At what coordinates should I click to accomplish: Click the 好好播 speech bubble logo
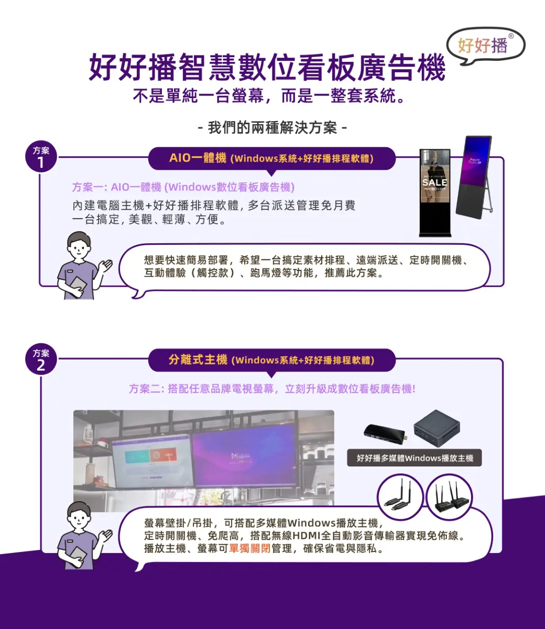(484, 46)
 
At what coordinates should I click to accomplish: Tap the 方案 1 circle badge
(41, 158)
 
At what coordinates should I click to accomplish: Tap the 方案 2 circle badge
(41, 360)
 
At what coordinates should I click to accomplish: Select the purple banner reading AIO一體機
(271, 158)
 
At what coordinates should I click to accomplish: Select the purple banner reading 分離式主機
(271, 360)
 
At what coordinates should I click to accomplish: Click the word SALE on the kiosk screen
(434, 182)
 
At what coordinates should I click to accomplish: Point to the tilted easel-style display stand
(474, 176)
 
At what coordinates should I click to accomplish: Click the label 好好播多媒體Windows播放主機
(415, 458)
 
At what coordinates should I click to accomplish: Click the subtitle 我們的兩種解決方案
(272, 127)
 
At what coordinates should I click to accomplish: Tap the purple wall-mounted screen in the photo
(244, 455)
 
